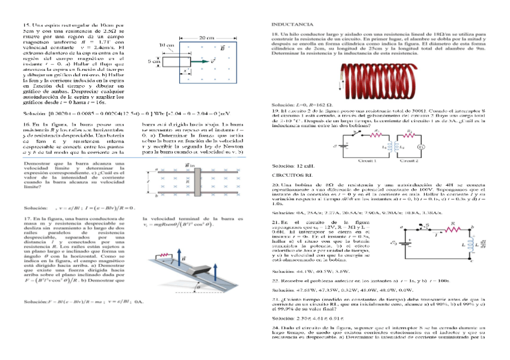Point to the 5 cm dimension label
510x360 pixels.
(154, 61)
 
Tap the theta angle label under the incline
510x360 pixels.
(198, 287)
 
